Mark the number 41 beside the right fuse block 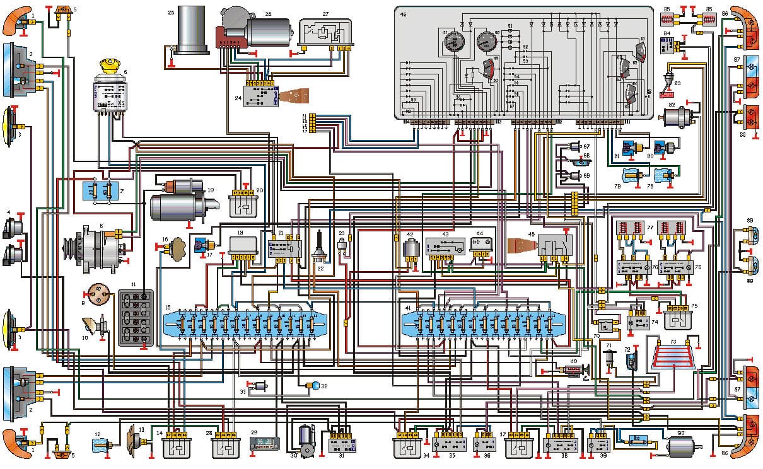click(408, 308)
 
